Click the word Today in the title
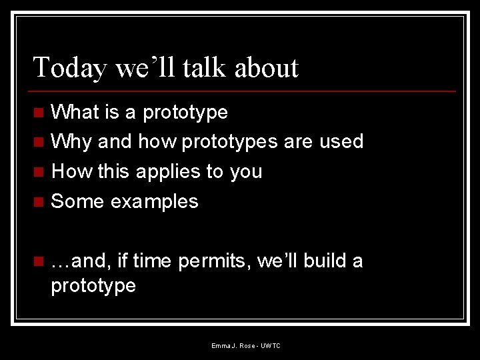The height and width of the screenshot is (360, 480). (x=69, y=68)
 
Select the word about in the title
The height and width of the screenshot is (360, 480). (x=267, y=68)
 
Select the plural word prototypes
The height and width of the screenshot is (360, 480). (x=230, y=141)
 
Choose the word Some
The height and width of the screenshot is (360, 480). (x=78, y=201)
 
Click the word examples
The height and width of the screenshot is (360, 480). (x=154, y=201)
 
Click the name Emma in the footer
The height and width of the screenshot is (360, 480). (x=221, y=346)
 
